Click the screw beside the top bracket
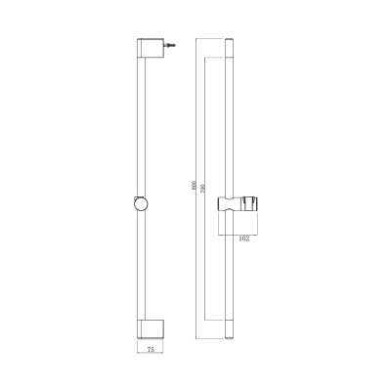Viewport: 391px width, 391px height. [x=170, y=46]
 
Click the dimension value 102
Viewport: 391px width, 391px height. [x=243, y=238]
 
